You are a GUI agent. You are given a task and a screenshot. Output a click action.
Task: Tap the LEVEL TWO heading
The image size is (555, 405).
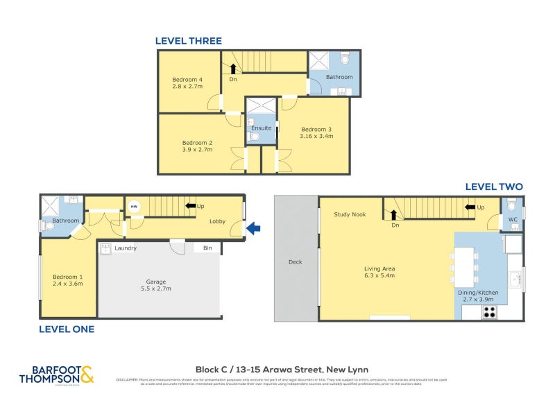[494, 187]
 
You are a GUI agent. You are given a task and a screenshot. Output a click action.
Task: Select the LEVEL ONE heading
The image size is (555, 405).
[67, 329]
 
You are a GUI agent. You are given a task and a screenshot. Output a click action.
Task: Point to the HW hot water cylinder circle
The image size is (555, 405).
[133, 206]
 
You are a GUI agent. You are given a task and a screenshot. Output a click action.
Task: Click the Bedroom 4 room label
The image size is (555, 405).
[187, 80]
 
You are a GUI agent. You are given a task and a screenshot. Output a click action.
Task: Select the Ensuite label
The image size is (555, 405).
[262, 128]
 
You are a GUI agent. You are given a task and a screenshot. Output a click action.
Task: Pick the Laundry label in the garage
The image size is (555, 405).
[125, 248]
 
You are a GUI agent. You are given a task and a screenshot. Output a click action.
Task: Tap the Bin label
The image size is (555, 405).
[207, 248]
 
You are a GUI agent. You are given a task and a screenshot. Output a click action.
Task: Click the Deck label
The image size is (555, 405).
[296, 262]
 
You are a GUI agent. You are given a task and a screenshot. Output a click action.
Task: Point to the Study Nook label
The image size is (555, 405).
[349, 214]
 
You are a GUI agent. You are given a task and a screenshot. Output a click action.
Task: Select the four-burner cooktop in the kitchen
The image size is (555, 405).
[489, 311]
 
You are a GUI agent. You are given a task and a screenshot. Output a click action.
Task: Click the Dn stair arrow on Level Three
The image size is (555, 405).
[233, 69]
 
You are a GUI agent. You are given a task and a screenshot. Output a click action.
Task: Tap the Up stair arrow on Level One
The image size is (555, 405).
[189, 206]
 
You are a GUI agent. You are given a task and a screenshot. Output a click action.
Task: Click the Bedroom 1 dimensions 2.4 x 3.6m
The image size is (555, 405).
[67, 284]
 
